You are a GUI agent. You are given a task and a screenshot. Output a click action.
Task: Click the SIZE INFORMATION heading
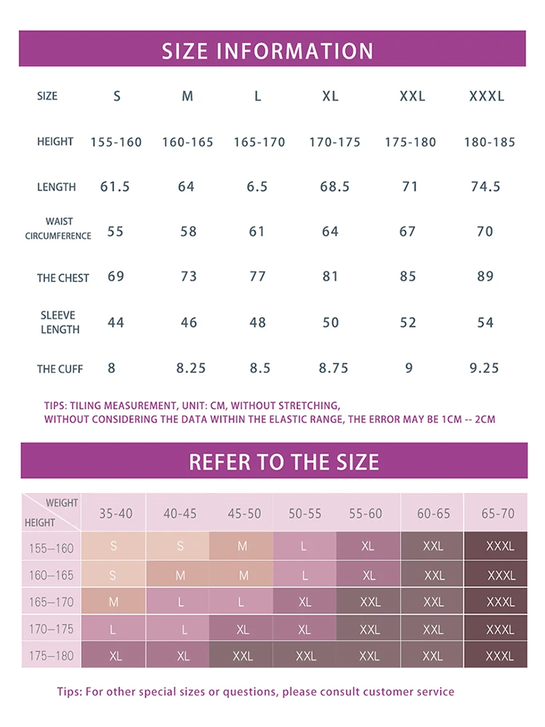[267, 51]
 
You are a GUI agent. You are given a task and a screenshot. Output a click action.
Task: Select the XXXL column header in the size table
[487, 96]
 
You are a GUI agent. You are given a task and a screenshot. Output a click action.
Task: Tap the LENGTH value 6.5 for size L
[257, 187]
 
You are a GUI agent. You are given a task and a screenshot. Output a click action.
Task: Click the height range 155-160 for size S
[116, 142]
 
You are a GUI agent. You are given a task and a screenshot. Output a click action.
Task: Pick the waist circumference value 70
[485, 232]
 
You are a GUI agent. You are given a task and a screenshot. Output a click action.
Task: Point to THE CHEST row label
[63, 278]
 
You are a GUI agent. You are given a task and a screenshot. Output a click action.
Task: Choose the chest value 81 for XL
[330, 276]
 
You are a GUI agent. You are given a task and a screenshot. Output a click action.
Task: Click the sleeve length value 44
[116, 322]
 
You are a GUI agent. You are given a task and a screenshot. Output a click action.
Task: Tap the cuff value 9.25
[484, 368]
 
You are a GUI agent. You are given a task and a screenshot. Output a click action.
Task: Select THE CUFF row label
[60, 369]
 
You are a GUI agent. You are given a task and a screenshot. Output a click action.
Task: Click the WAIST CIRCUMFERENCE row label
[59, 228]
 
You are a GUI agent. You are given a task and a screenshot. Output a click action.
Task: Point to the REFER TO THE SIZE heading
[284, 462]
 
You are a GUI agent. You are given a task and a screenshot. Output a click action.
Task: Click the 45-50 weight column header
[244, 513]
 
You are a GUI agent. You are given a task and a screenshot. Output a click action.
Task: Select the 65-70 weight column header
[498, 513]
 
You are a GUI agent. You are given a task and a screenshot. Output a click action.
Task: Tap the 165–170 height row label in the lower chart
[51, 602]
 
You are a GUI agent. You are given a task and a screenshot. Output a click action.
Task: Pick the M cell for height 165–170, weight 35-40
[114, 602]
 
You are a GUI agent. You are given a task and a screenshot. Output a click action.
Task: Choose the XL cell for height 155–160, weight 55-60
[368, 546]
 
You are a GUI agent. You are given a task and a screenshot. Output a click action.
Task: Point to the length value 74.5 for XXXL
[485, 187]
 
